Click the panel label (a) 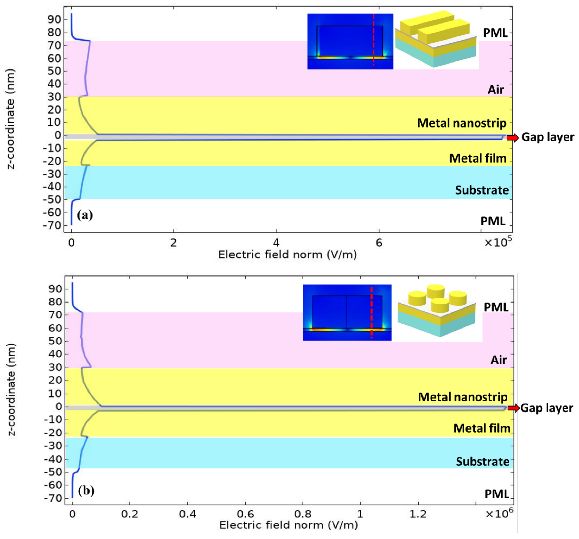click(85, 215)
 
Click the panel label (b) click(86, 491)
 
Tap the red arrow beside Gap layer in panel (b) click(513, 408)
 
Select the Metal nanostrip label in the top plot click(462, 123)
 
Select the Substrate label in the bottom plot click(483, 462)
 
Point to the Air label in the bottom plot click(499, 360)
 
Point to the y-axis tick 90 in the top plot click(54, 20)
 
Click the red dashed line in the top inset click(373, 39)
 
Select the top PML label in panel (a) click(495, 33)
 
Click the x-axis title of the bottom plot click(288, 525)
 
